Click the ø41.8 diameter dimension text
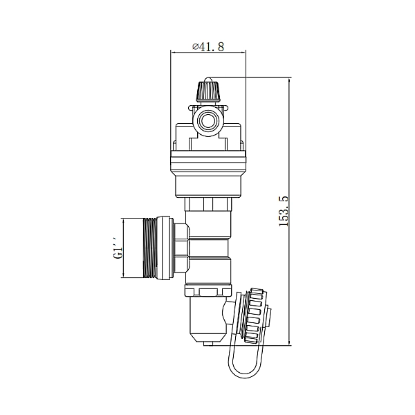(208, 47)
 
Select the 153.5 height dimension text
(284, 211)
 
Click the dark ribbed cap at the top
(208, 91)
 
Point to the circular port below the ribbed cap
(208, 121)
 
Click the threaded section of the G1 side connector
(150, 248)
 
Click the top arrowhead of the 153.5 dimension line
(289, 80)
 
